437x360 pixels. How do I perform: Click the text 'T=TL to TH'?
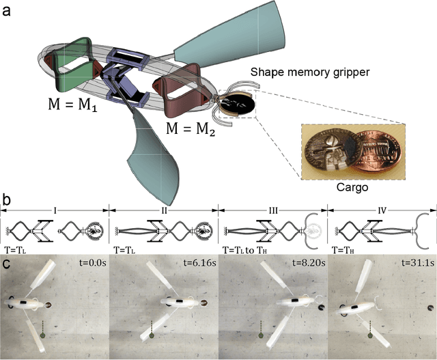pyautogui.click(x=249, y=251)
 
